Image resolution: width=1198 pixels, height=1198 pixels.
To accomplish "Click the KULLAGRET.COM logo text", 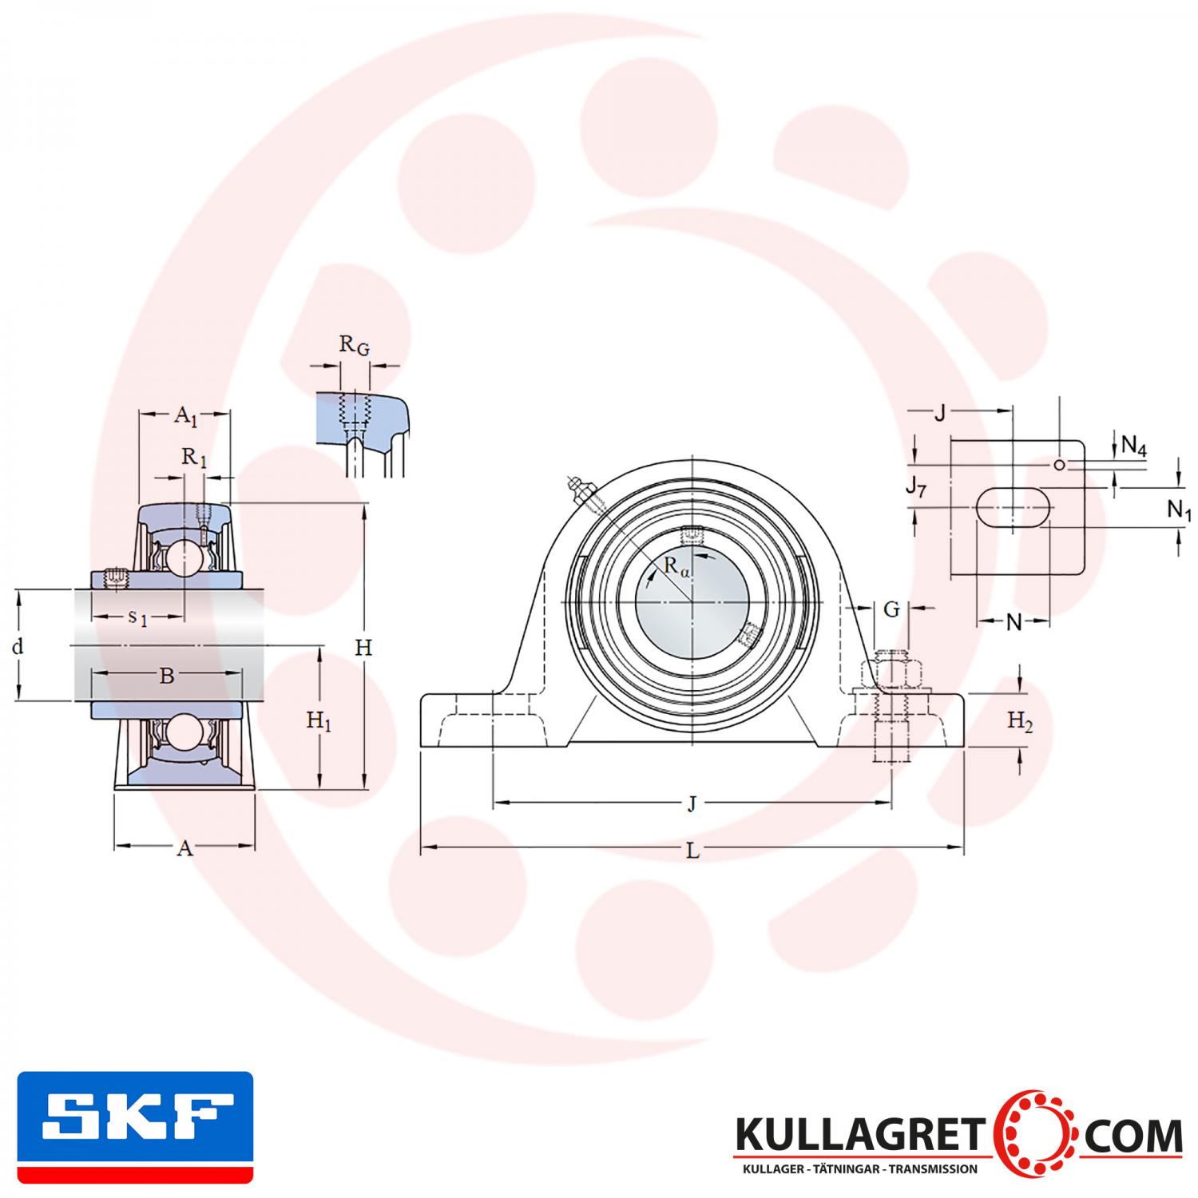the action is [958, 1135].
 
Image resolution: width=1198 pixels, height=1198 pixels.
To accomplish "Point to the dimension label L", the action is [692, 851].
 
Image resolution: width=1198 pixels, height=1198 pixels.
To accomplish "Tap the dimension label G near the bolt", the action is [891, 610].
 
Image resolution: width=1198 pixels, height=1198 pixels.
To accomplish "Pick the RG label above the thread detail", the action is [355, 345].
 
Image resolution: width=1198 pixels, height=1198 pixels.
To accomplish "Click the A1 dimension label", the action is [185, 415].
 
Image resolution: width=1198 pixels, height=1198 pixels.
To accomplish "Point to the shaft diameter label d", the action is [18, 646].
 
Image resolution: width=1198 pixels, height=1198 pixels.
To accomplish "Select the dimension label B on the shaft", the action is [166, 676].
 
